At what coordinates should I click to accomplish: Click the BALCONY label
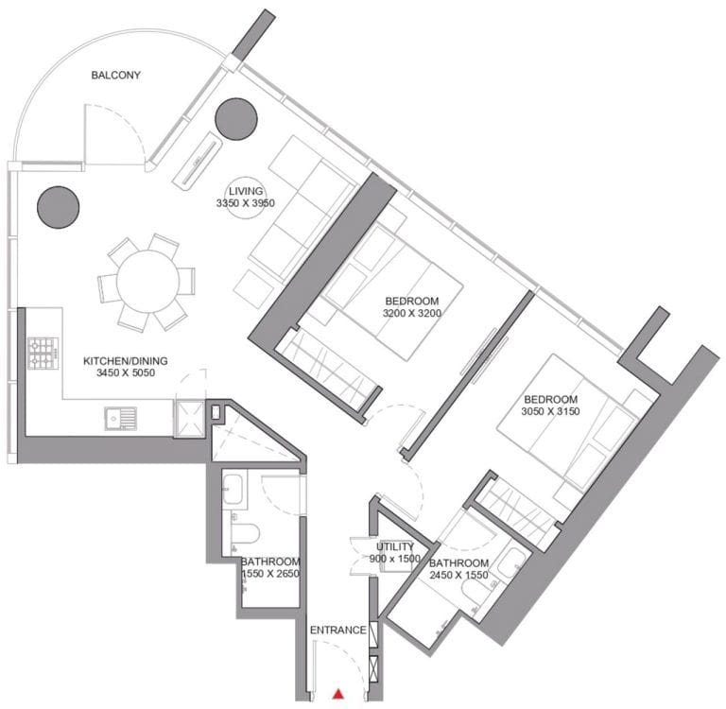[115, 75]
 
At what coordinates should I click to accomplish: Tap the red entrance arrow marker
[339, 693]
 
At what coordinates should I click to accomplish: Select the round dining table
[147, 282]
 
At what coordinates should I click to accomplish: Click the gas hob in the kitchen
[43, 354]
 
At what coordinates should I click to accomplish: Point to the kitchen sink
[120, 418]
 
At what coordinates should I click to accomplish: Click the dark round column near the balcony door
[236, 118]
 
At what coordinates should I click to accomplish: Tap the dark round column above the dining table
[59, 207]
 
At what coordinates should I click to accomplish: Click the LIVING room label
[246, 191]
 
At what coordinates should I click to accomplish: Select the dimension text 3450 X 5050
[126, 372]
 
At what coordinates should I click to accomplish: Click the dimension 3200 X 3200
[412, 313]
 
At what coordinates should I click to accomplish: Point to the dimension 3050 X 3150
[550, 411]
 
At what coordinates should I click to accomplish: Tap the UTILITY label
[395, 547]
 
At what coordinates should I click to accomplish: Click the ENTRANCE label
[338, 631]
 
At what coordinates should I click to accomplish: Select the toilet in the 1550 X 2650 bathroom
[243, 533]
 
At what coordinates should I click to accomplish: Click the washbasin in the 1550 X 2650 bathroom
[232, 490]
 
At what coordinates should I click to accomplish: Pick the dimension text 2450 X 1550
[458, 575]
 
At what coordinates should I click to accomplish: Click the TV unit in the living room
[198, 160]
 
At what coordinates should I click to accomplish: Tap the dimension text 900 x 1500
[395, 559]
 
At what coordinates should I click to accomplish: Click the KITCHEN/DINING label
[126, 361]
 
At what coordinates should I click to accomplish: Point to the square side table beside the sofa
[253, 289]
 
